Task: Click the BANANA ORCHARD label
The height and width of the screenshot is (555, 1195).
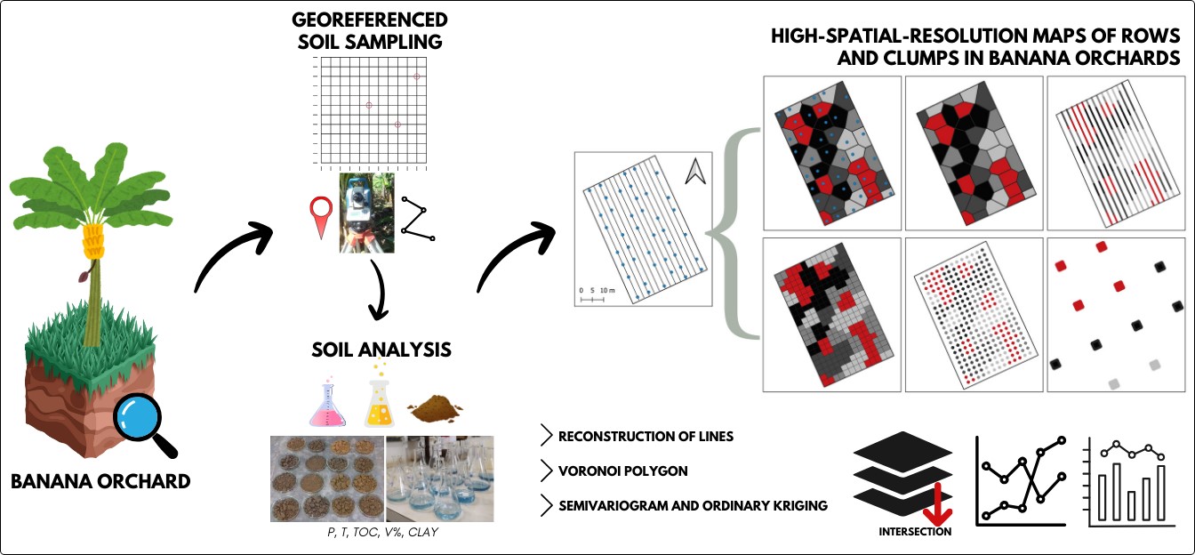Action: [100, 482]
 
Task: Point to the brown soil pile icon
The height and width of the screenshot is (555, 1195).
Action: [435, 410]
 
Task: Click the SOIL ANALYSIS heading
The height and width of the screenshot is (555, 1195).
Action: [381, 350]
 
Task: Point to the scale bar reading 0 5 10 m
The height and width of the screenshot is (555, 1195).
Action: [591, 294]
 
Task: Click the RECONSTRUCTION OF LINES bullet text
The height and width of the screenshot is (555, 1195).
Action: [646, 437]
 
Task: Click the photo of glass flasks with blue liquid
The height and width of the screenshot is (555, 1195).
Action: [439, 478]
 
